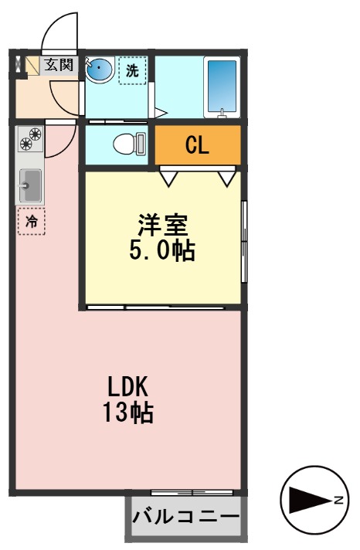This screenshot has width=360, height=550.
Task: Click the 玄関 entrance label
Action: [58, 65]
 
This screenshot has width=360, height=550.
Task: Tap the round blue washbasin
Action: [99, 71]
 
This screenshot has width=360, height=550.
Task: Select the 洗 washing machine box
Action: [132, 70]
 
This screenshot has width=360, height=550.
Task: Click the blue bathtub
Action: [222, 86]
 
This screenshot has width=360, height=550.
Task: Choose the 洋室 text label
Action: [163, 226]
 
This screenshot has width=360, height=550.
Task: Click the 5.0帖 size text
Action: [163, 250]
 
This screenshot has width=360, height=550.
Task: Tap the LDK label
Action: [127, 386]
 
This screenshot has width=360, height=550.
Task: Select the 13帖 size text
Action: [127, 413]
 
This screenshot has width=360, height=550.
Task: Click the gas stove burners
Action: [31, 139]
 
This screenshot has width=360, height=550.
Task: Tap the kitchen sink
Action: [31, 185]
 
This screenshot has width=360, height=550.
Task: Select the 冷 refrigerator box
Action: [32, 221]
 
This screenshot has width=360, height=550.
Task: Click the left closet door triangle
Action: [169, 178]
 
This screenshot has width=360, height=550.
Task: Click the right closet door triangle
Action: [226, 178]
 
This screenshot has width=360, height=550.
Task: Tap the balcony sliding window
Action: [192, 492]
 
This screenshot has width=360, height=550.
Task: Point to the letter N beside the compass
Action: [338, 501]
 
